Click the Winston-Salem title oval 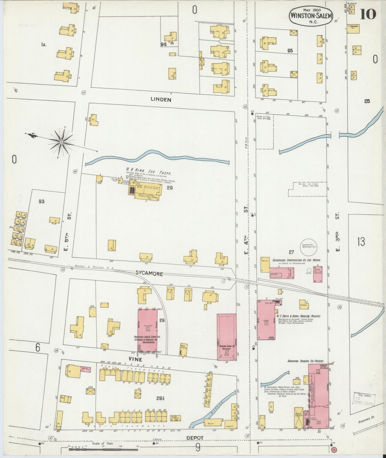[311, 16]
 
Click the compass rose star [61, 142]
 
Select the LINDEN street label [161, 99]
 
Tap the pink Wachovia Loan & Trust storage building [147, 330]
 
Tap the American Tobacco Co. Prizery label [305, 361]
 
